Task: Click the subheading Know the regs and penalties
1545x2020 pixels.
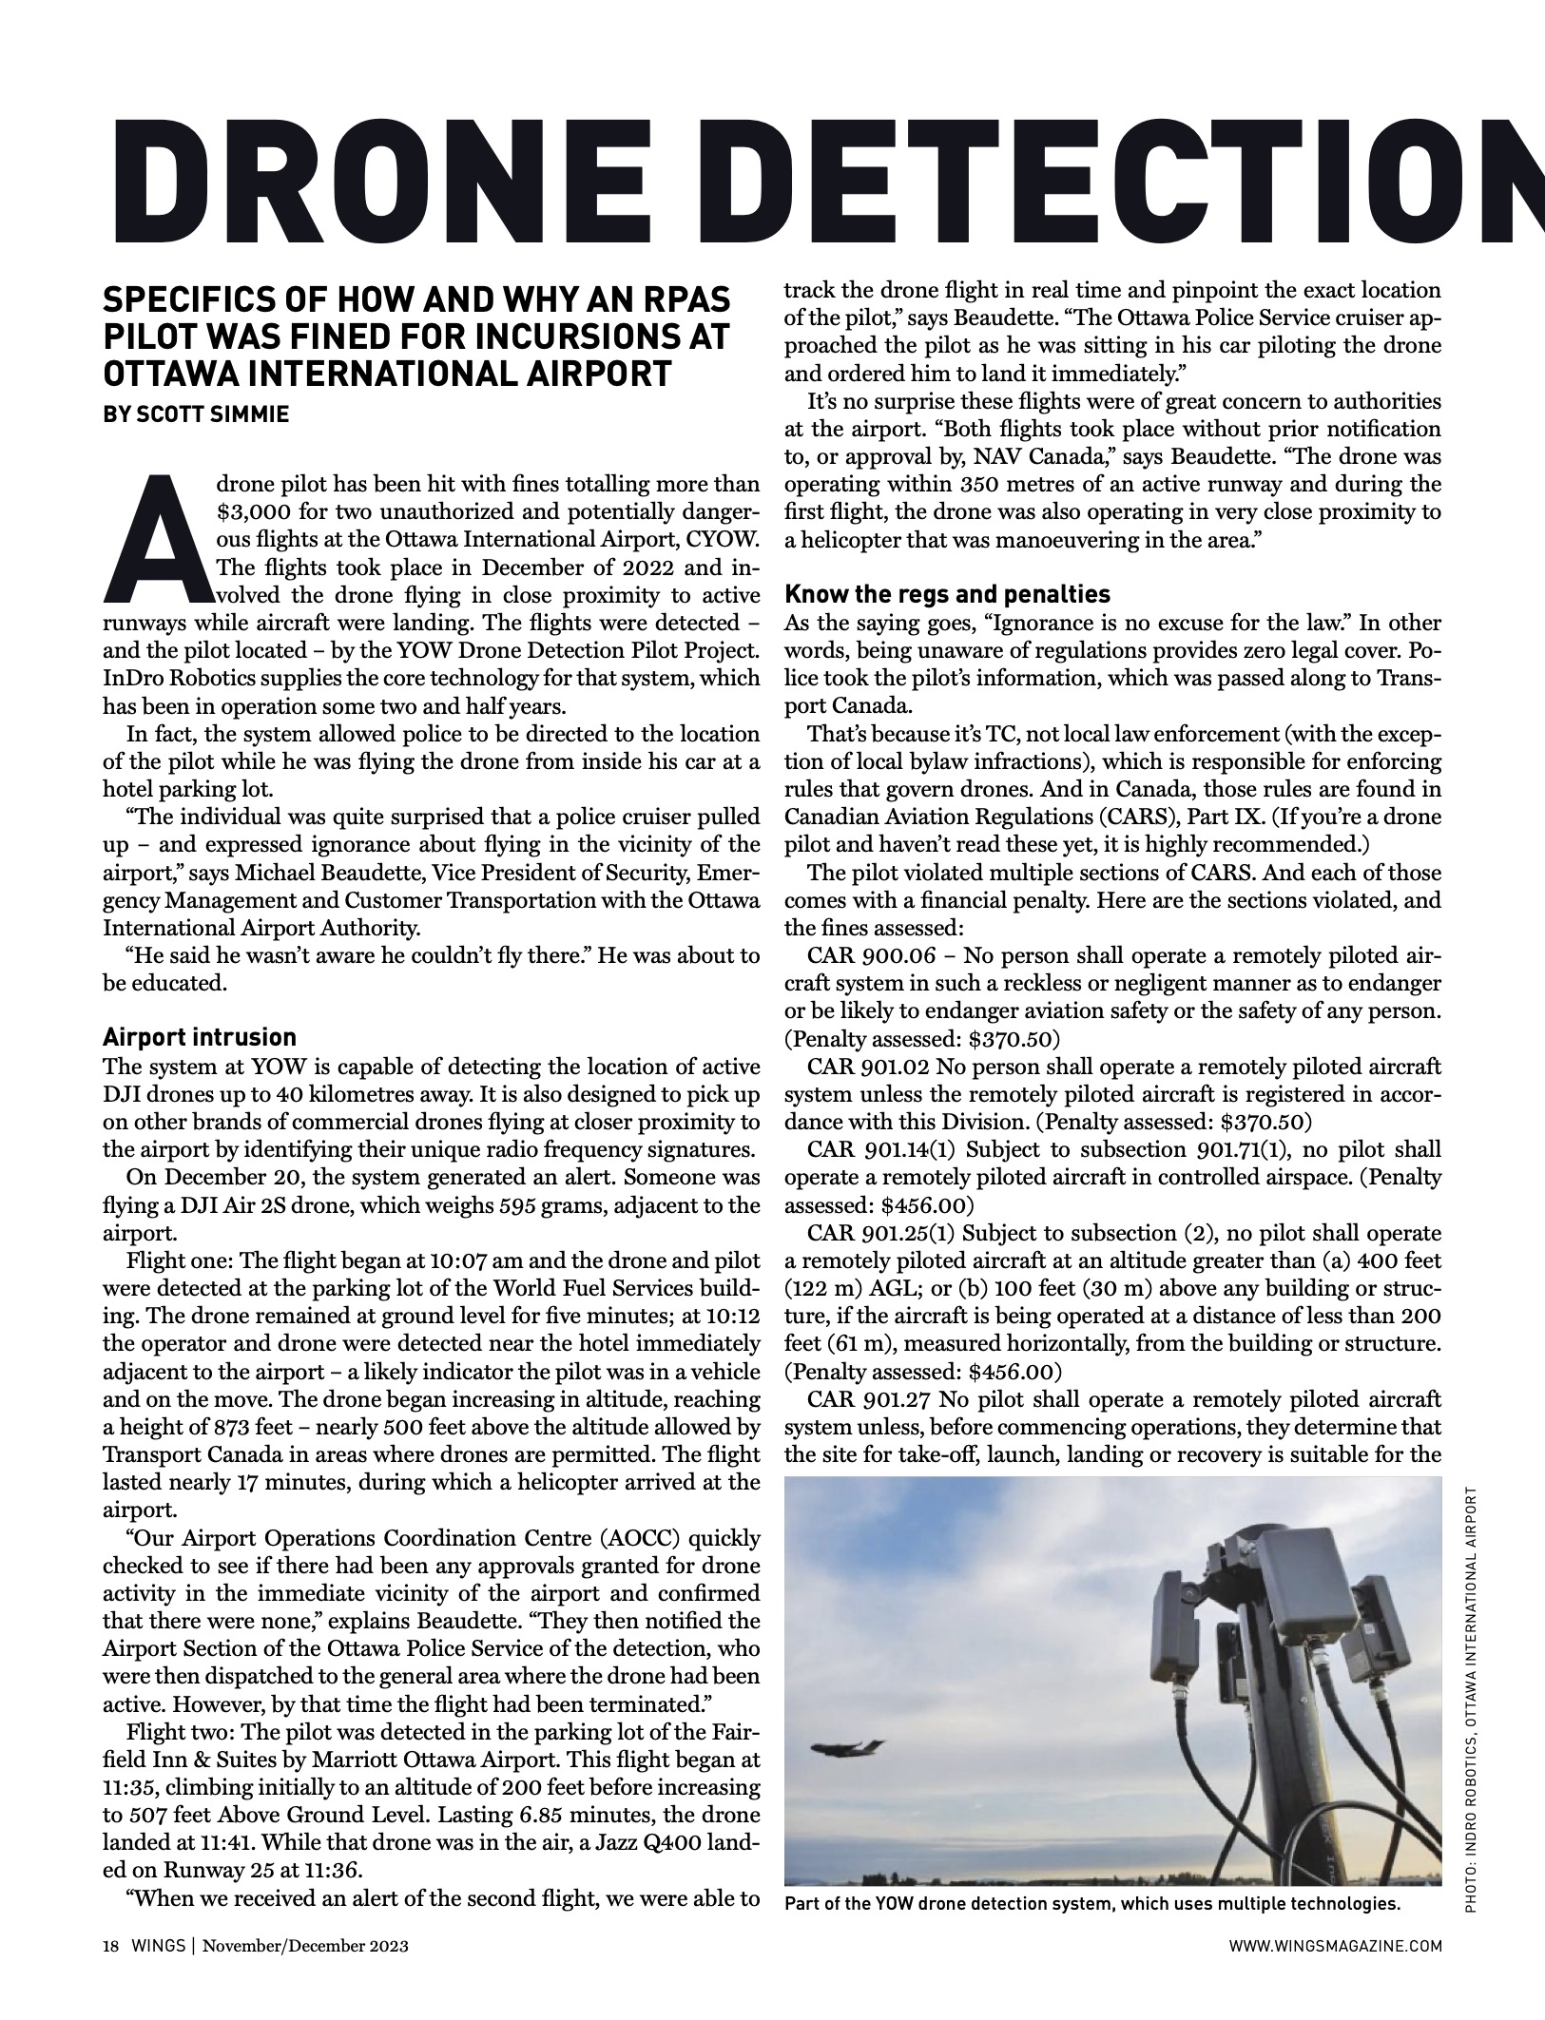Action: point(947,594)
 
